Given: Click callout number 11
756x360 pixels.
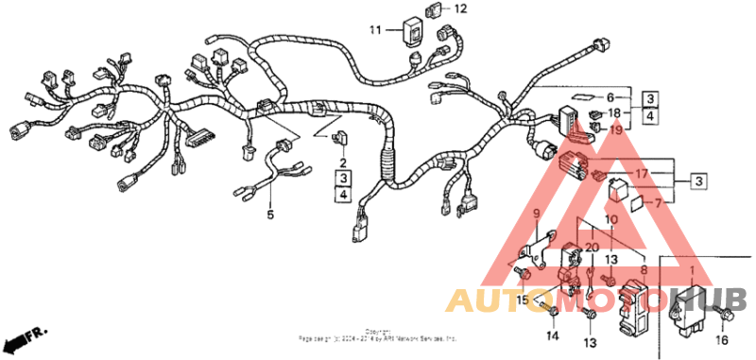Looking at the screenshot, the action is [x=374, y=30].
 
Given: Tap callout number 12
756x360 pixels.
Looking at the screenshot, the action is [x=460, y=9].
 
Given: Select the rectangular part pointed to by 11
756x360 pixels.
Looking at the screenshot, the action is [x=412, y=28].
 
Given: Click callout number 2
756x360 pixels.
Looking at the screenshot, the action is [x=342, y=163].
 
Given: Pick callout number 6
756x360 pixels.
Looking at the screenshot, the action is [x=610, y=97].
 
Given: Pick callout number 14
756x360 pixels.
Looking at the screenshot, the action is [x=552, y=335].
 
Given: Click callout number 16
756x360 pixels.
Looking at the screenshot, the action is [x=723, y=342].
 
